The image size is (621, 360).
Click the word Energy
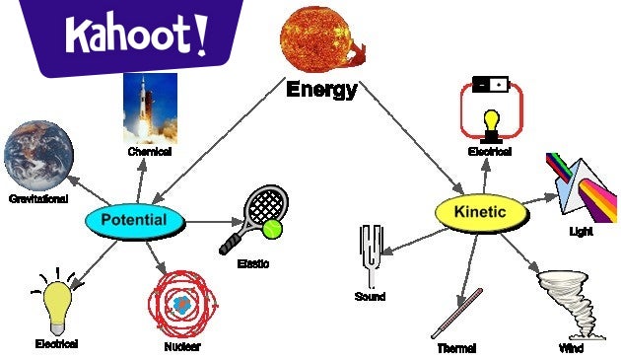(x=321, y=90)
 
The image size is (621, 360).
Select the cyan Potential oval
(x=134, y=220)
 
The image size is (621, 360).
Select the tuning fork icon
(x=372, y=253)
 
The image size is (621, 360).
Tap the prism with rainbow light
(x=581, y=184)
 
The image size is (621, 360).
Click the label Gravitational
(x=38, y=199)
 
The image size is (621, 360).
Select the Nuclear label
(x=183, y=347)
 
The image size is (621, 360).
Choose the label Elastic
(x=254, y=263)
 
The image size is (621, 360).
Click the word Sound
(x=370, y=297)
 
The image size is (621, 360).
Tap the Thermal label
(x=456, y=348)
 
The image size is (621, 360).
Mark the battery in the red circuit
(x=490, y=85)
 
